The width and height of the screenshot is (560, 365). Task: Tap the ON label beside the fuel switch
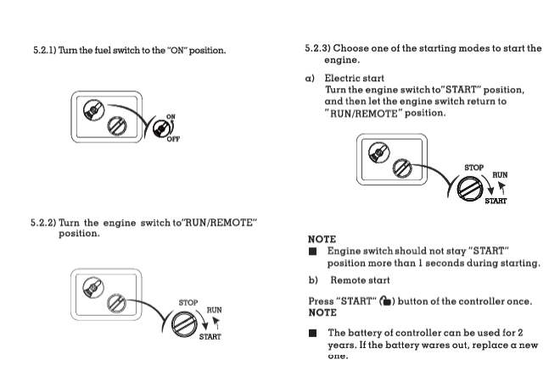(171, 116)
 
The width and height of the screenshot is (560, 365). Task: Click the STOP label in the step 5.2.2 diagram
(188, 301)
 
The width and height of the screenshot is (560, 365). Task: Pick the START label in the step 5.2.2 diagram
(210, 336)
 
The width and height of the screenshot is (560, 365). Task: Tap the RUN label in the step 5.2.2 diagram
(214, 310)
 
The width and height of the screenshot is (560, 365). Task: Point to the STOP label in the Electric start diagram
(473, 168)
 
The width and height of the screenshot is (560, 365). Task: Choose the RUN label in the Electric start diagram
(500, 175)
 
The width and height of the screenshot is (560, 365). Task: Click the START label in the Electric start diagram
(496, 202)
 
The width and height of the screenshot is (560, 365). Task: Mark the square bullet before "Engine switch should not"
(313, 252)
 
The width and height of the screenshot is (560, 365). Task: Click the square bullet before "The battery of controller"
(313, 334)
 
